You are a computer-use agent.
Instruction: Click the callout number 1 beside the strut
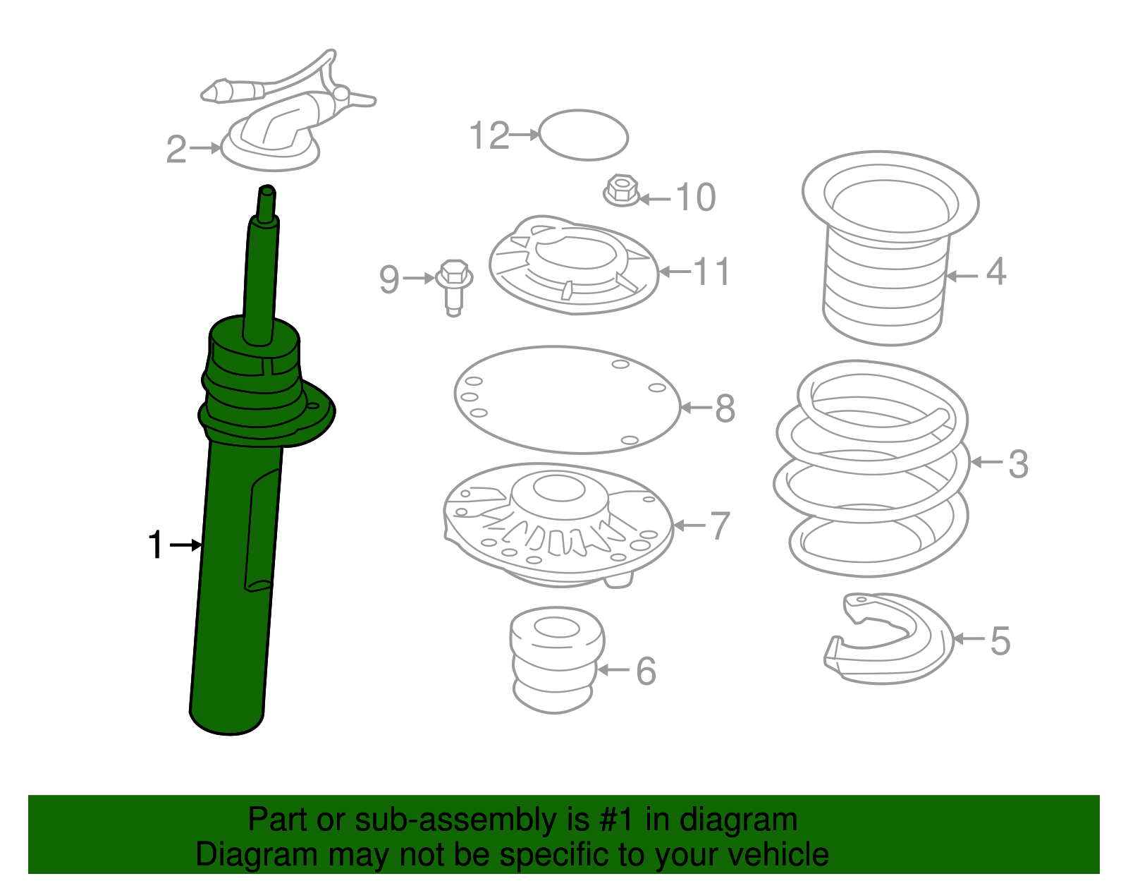pyautogui.click(x=156, y=545)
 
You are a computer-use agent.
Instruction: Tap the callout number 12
pyautogui.click(x=489, y=135)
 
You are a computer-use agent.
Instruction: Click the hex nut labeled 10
pyautogui.click(x=622, y=190)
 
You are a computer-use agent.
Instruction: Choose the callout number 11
pyautogui.click(x=711, y=272)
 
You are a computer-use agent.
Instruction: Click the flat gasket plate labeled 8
pyautogui.click(x=568, y=400)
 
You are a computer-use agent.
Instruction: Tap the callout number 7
pyautogui.click(x=720, y=525)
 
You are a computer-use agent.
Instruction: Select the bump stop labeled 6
pyautogui.click(x=557, y=660)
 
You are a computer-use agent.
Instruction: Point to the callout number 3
pyautogui.click(x=1018, y=464)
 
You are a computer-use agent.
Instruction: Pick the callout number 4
pyautogui.click(x=995, y=272)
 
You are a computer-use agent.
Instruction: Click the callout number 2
pyautogui.click(x=176, y=150)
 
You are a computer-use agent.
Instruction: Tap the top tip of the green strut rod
pyautogui.click(x=267, y=190)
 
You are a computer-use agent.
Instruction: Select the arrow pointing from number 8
pyautogui.click(x=697, y=408)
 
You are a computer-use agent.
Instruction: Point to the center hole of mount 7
pyautogui.click(x=558, y=488)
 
